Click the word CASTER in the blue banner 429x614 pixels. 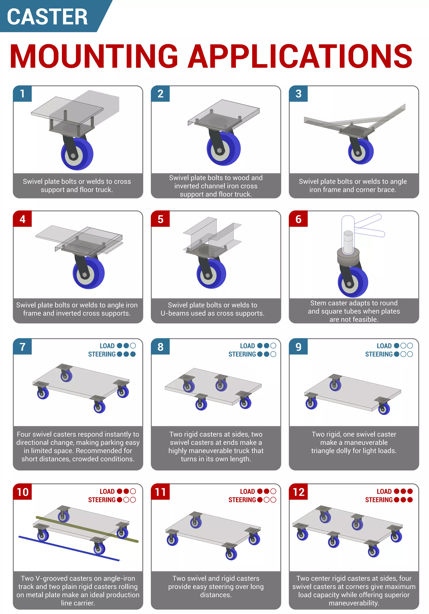(x=47, y=17)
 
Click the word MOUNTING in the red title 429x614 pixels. (x=94, y=56)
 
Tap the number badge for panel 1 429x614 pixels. (x=22, y=94)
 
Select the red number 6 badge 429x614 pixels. (x=298, y=219)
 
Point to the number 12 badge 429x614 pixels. (x=298, y=492)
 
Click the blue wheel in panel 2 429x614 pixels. (x=224, y=148)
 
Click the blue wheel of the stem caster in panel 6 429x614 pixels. (x=353, y=282)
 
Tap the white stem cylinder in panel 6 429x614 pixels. (x=348, y=242)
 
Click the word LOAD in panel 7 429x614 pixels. (x=107, y=346)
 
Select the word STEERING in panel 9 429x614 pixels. (x=379, y=354)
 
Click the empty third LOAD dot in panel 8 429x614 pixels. (x=273, y=346)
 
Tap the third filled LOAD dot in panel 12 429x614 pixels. (x=410, y=491)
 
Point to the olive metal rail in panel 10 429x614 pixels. (x=87, y=529)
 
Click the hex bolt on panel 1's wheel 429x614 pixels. (x=73, y=156)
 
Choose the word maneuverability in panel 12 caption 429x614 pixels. (x=354, y=603)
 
